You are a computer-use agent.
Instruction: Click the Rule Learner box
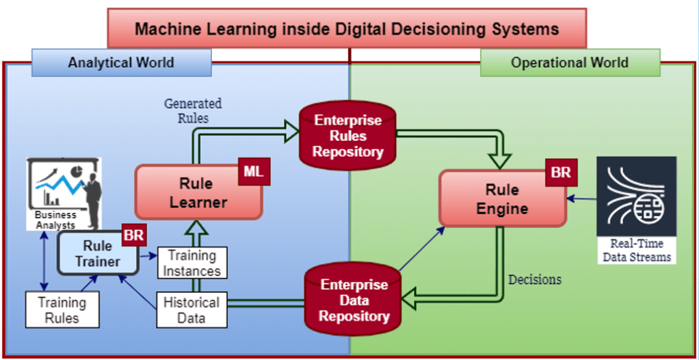coord(198,192)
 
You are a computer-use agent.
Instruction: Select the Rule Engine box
coord(502,198)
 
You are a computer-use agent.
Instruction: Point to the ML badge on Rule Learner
coord(253,172)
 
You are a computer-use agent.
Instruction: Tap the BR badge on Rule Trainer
coord(133,235)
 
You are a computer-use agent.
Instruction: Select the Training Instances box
coord(192,263)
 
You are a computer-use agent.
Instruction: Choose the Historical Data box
coord(192,310)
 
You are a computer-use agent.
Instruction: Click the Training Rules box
coord(62,310)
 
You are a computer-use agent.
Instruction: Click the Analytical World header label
coord(121,63)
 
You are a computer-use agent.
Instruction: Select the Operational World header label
coord(570,63)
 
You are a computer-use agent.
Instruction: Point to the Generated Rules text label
coord(193,110)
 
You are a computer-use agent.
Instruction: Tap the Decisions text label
coord(536,279)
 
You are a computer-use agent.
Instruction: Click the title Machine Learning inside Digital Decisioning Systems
coord(347,29)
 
